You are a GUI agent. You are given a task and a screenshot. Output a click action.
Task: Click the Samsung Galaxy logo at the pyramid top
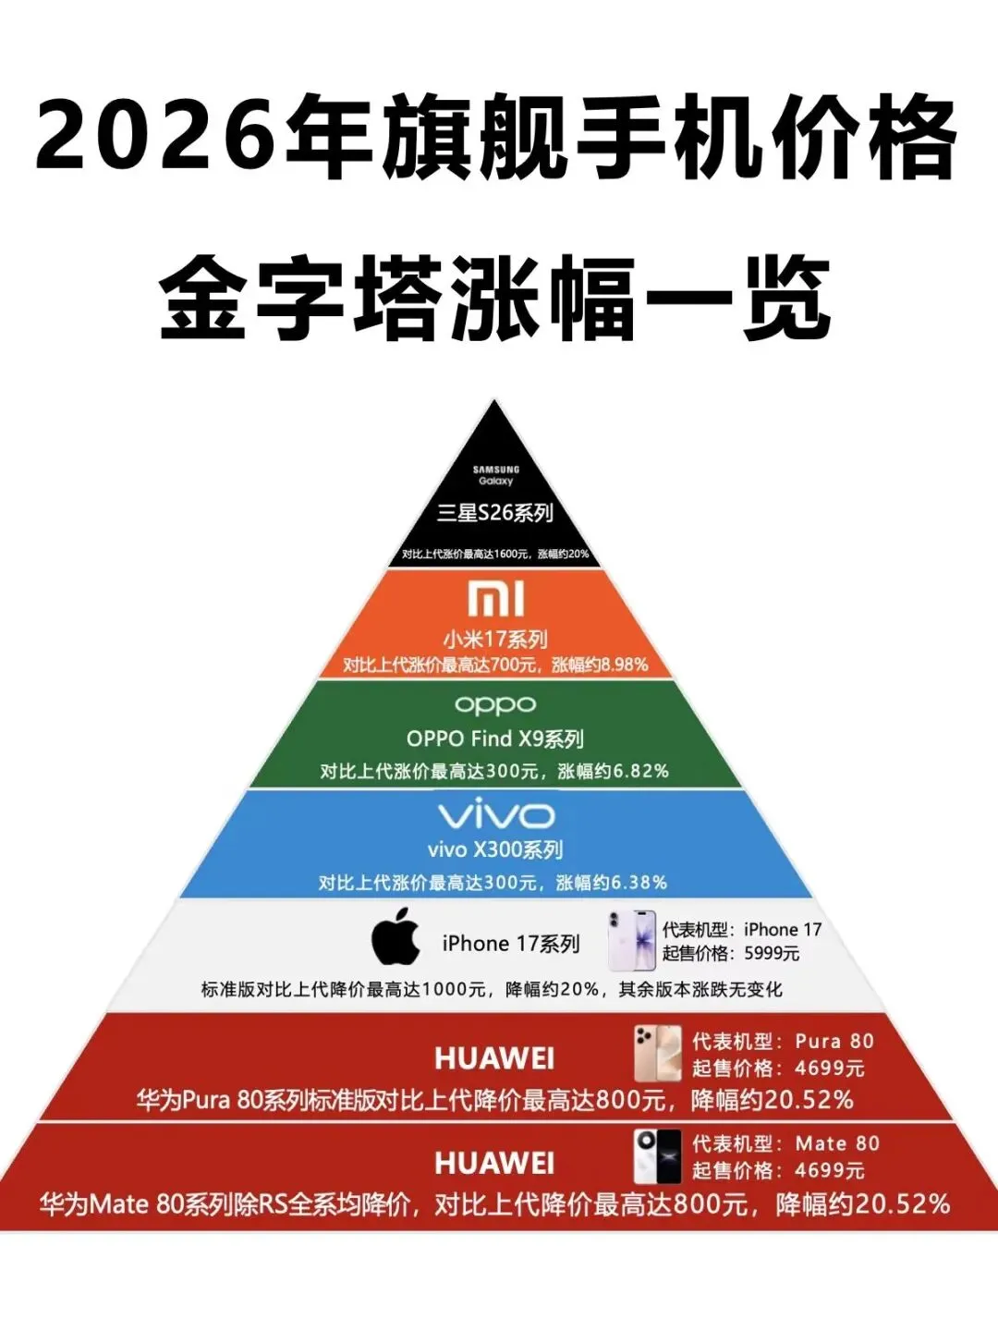496,475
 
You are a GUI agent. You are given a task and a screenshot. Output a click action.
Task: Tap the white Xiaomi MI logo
496,599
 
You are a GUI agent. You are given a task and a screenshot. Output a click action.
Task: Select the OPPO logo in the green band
495,706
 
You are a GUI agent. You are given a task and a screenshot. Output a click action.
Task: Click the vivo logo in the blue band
496,815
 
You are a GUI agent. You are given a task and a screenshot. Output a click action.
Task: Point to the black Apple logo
396,936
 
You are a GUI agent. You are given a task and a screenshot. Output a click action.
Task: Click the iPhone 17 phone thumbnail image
632,940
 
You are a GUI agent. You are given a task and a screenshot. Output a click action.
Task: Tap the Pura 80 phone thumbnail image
657,1053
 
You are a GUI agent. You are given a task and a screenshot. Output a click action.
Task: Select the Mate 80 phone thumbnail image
657,1156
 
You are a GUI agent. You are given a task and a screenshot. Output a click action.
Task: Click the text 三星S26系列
495,513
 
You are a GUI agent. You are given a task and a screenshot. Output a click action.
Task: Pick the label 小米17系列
495,639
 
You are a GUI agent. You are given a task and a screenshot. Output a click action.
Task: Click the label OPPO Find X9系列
495,739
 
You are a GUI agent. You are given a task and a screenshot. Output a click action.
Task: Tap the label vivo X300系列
495,849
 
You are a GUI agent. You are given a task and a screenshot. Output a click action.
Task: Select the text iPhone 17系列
511,944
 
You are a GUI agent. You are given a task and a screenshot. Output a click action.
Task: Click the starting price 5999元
772,953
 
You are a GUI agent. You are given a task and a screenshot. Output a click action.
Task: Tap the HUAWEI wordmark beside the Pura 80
494,1058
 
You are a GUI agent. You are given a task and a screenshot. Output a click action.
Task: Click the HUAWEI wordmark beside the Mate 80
494,1163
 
